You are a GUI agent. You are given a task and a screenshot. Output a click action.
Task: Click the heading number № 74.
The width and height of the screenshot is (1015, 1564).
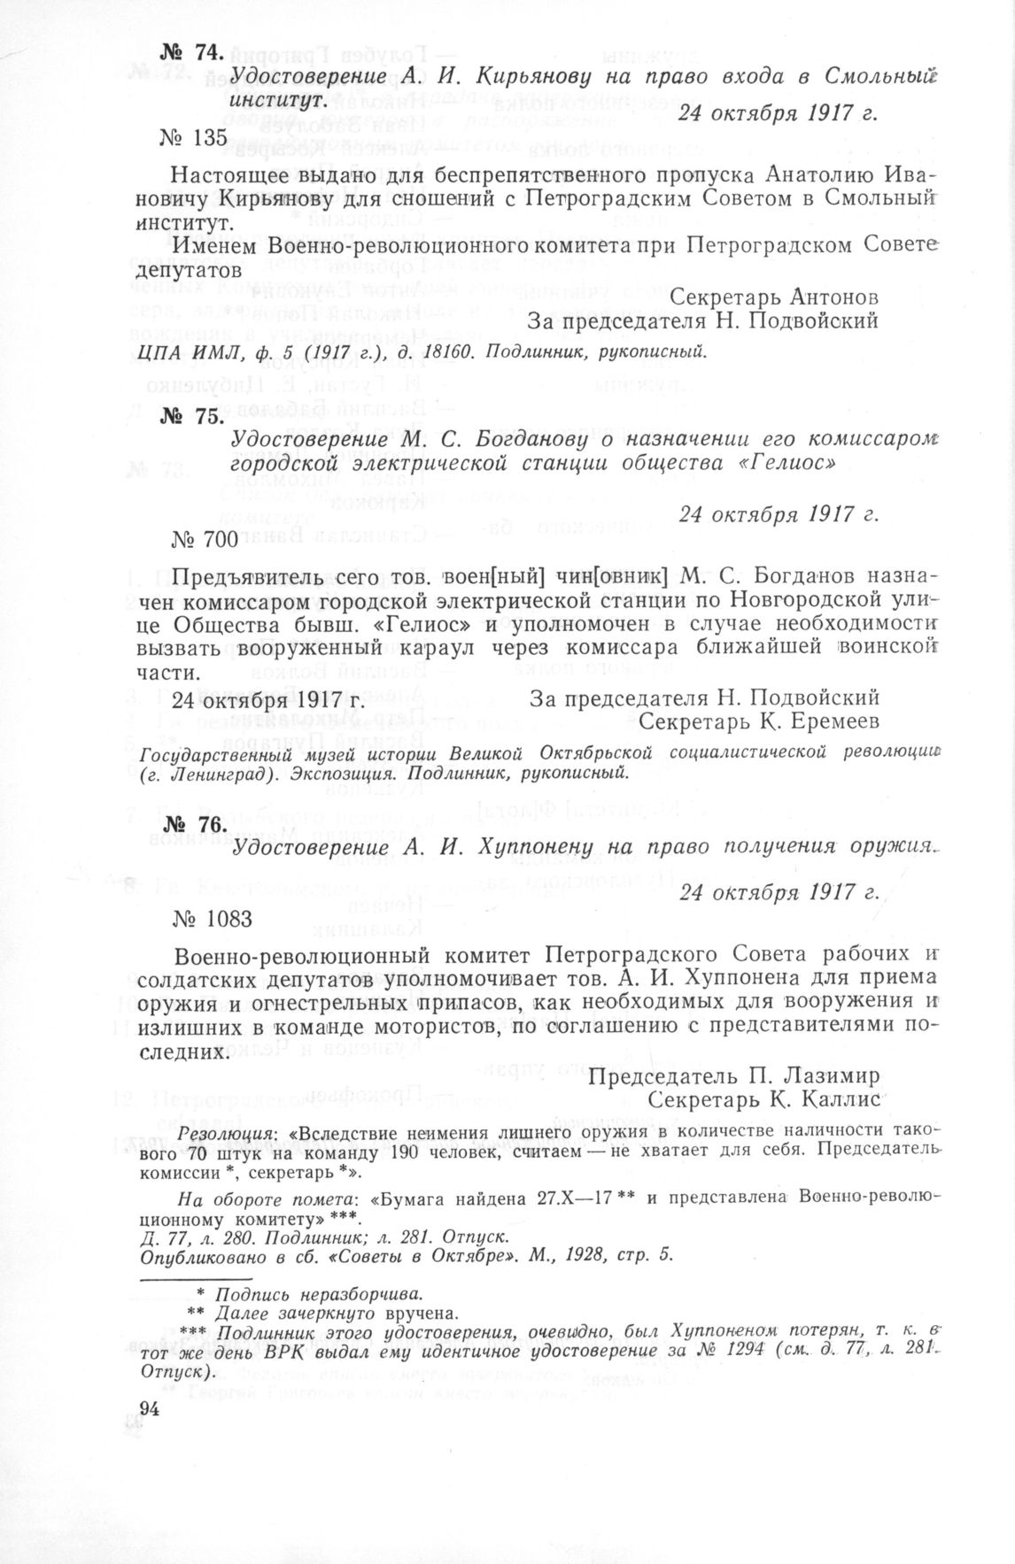(x=190, y=53)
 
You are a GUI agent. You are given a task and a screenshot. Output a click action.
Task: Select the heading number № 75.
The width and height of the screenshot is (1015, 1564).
(x=190, y=416)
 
